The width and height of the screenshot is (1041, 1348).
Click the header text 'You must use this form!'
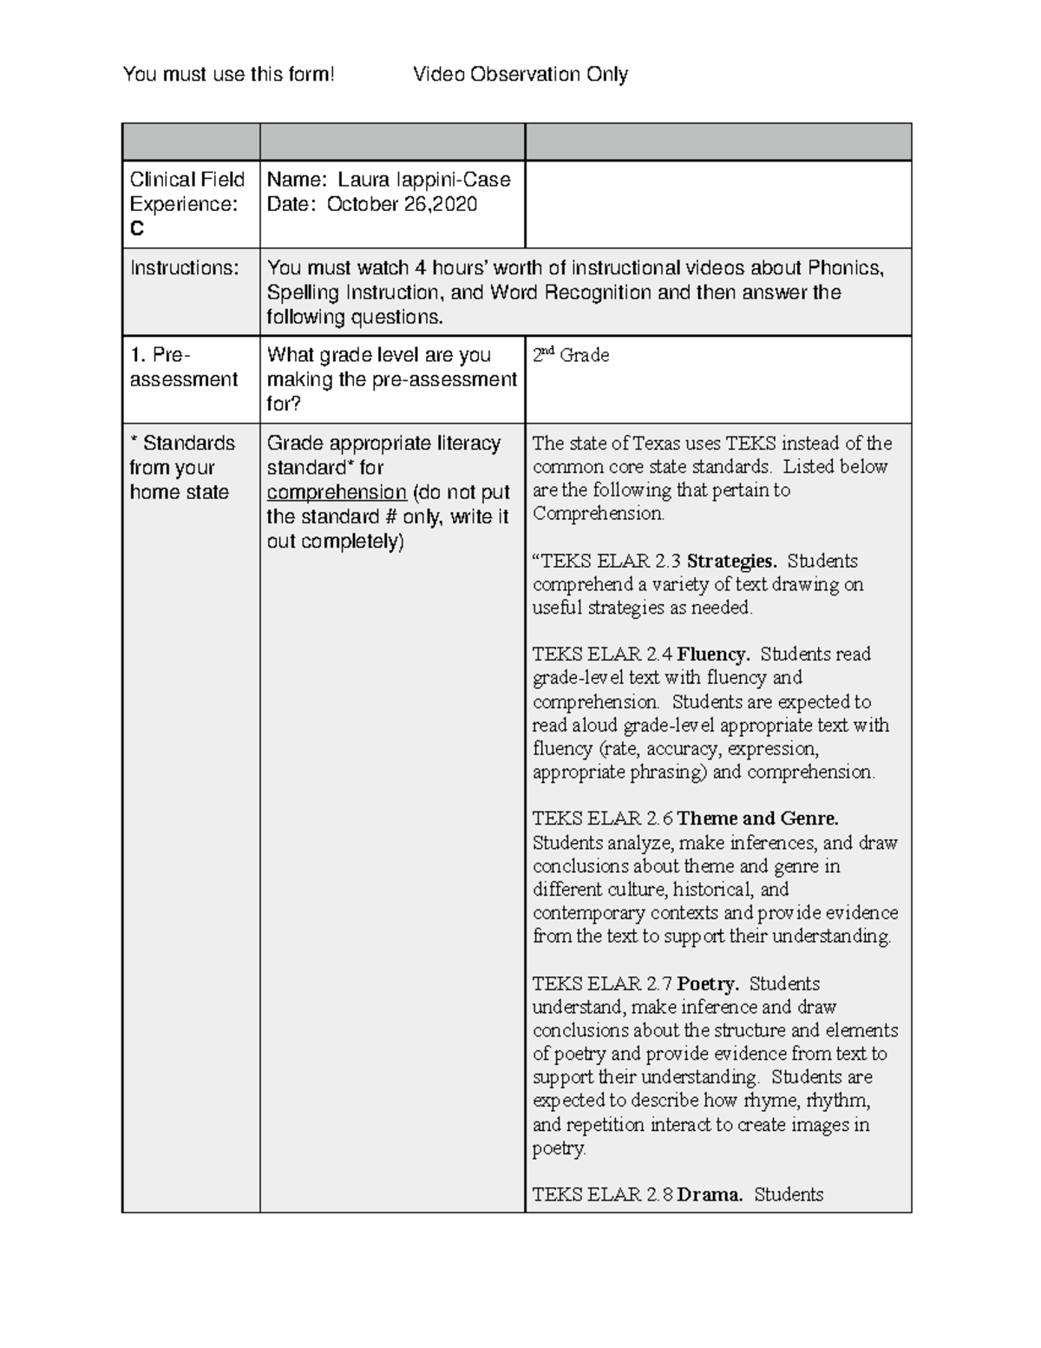(x=228, y=75)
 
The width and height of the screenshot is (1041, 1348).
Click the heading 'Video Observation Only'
(x=520, y=75)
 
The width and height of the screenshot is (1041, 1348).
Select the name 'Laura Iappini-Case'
(x=423, y=180)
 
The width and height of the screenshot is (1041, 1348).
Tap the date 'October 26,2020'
(x=402, y=204)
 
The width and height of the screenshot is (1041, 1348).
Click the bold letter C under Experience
(x=137, y=229)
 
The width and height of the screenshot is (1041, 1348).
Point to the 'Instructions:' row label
(x=184, y=268)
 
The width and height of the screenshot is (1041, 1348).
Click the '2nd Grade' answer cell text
(x=571, y=355)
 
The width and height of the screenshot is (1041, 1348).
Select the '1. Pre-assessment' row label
(x=183, y=367)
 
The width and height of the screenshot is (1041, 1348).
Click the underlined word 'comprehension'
(x=337, y=492)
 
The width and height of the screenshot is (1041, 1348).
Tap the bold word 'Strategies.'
(x=731, y=561)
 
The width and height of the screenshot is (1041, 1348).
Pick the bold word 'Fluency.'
(x=713, y=654)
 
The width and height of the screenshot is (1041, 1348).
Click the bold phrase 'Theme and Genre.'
(x=757, y=819)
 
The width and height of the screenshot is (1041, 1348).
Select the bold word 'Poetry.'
(x=708, y=984)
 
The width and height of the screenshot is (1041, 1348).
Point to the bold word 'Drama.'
(x=710, y=1194)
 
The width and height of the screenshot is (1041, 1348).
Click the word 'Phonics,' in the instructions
(x=846, y=268)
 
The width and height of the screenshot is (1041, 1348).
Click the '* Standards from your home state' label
(x=182, y=468)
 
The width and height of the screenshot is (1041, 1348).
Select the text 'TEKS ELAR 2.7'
(x=602, y=984)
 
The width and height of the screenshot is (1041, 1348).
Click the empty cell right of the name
(x=717, y=205)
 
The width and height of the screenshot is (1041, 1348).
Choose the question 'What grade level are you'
(x=379, y=355)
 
